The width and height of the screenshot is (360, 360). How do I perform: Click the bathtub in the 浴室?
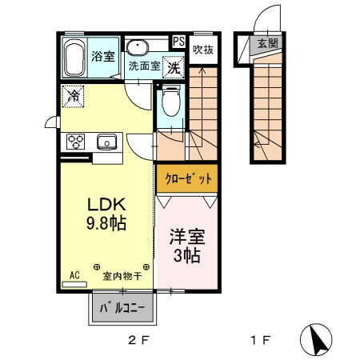pos(75,58)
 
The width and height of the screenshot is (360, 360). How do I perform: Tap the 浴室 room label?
pos(102,57)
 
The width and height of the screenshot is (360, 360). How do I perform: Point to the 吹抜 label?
pos(203,50)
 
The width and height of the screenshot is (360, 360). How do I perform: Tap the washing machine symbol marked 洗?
pos(173,66)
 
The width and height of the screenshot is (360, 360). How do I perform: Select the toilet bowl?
pos(170,102)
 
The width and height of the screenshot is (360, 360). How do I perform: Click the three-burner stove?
pos(76,142)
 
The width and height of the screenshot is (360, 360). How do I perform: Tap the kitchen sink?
pos(106,142)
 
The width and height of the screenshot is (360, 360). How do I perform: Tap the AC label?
pos(74,275)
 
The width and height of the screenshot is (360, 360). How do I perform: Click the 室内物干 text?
pos(122,277)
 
